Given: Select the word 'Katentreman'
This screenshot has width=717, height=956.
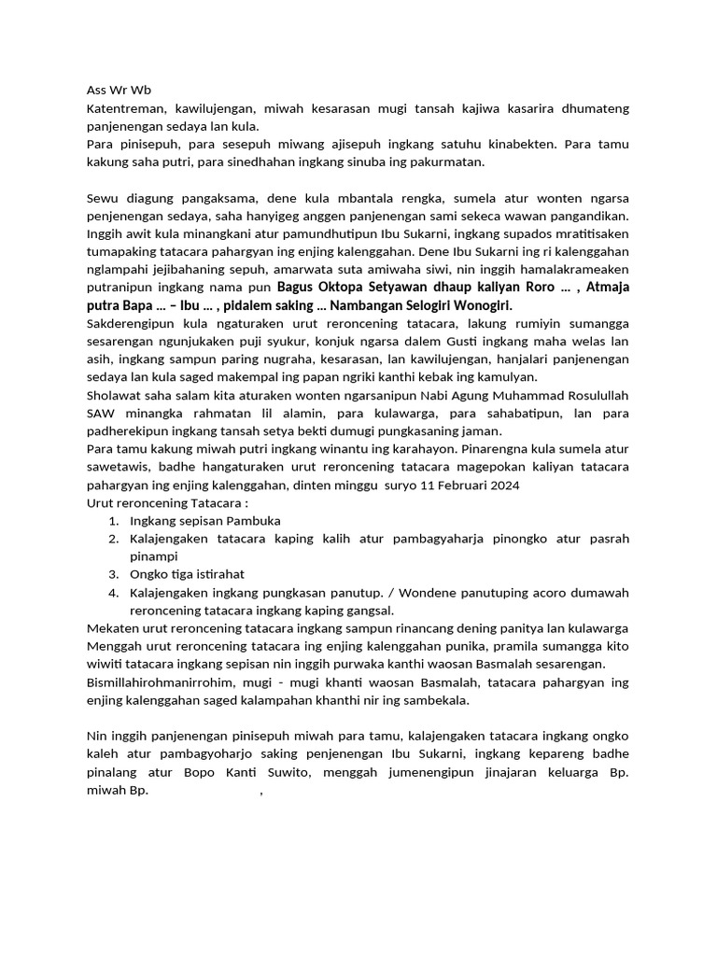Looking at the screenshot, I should click(x=126, y=108).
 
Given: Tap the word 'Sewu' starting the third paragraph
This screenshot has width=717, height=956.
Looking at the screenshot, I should click(x=104, y=198).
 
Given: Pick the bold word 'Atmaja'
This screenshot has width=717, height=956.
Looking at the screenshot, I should click(x=608, y=288).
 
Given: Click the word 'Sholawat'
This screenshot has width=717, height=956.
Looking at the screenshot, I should click(x=113, y=395).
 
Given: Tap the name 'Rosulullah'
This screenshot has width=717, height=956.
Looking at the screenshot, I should click(x=592, y=395).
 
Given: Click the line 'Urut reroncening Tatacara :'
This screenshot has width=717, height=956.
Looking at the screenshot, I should click(x=167, y=502).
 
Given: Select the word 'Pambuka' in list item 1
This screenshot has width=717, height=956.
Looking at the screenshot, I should click(x=251, y=520).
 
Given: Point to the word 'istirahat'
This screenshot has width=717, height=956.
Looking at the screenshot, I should click(x=217, y=574).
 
